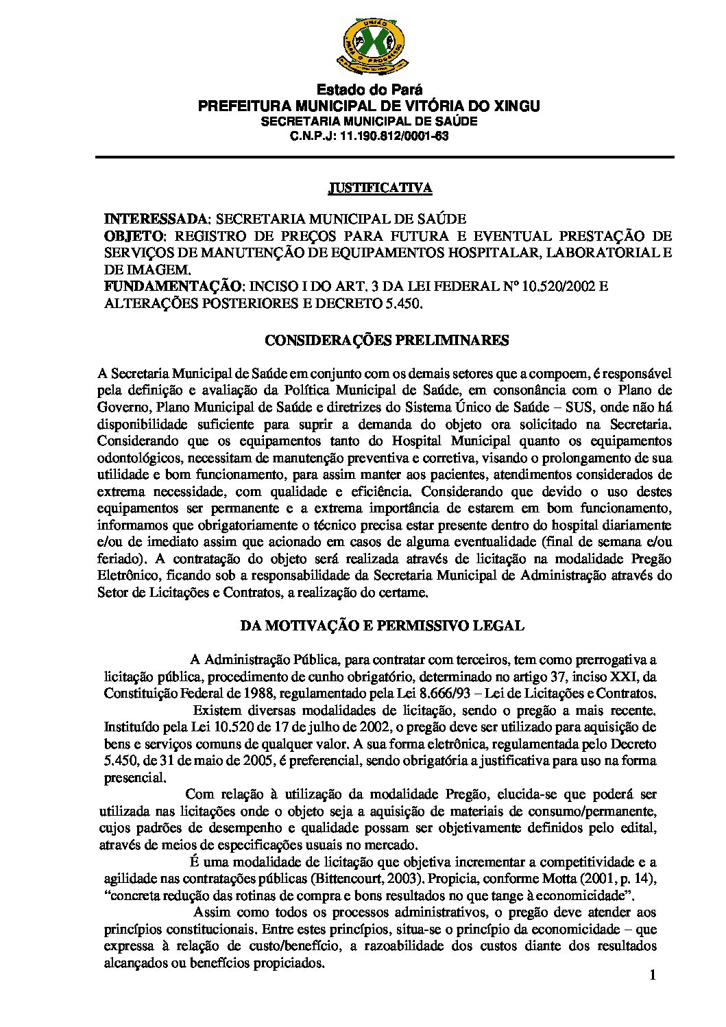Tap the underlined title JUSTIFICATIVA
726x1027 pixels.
(379, 188)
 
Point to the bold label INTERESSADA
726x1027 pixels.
(156, 219)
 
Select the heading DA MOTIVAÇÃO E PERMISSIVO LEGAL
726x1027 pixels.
(381, 625)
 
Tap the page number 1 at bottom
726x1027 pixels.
(653, 976)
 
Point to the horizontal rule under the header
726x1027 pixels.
(385, 158)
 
